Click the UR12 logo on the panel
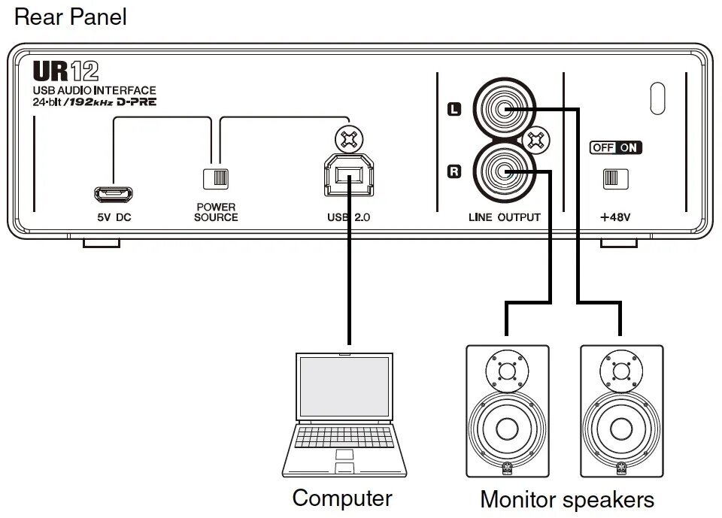[65, 73]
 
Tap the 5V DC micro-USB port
[114, 195]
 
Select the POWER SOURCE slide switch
[216, 178]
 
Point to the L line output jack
[504, 111]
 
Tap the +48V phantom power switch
[615, 178]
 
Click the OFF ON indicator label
[616, 147]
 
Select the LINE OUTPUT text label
[504, 217]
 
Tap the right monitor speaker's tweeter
[621, 371]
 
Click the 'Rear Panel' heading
[71, 17]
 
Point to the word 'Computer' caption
[342, 498]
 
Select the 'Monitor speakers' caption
[567, 499]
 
